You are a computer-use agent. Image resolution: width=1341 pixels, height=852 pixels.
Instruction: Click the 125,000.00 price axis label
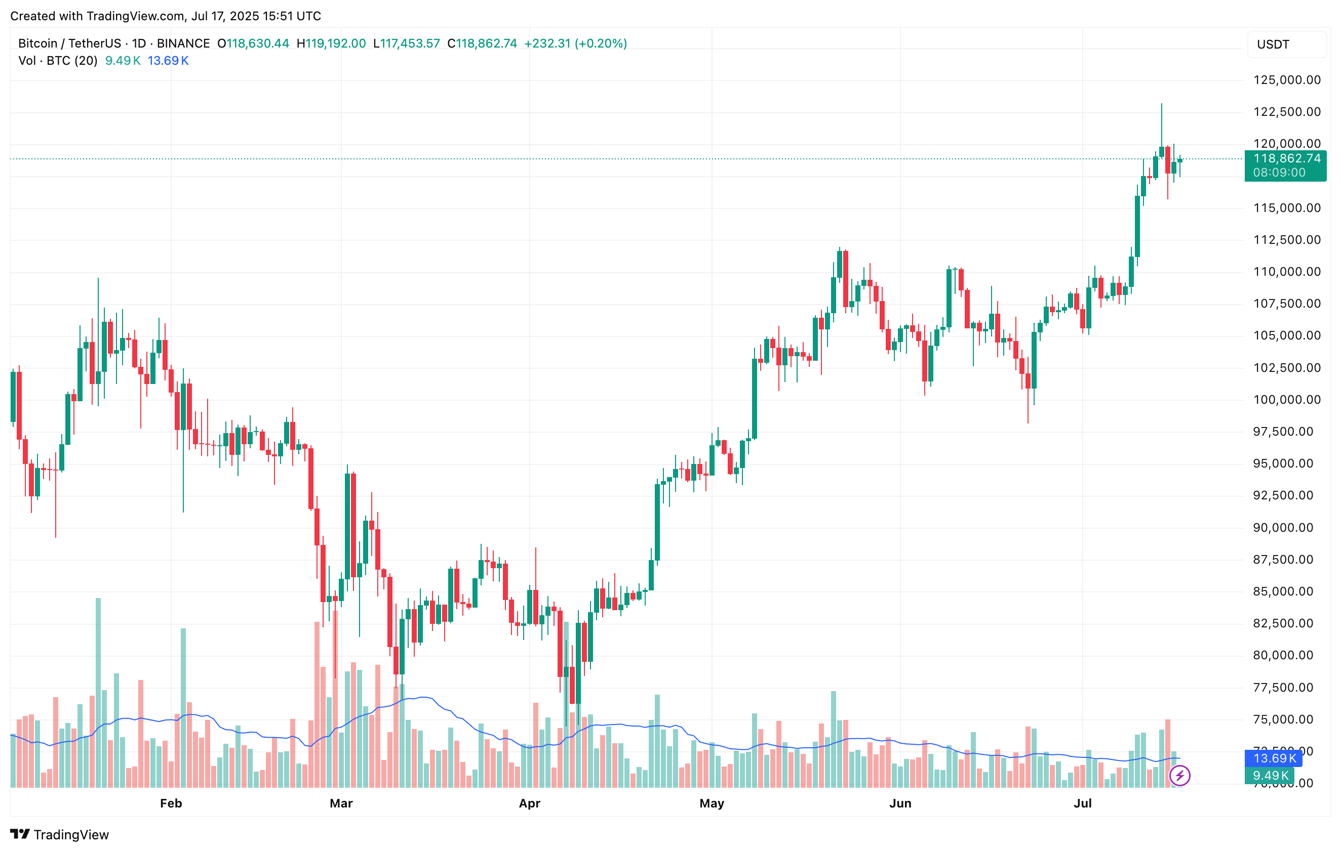click(x=1286, y=80)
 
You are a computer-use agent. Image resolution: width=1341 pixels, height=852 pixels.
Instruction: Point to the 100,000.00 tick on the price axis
click(x=1286, y=400)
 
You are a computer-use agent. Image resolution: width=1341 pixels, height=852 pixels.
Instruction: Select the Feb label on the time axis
click(x=171, y=803)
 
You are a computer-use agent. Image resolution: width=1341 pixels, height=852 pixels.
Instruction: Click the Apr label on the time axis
click(x=529, y=803)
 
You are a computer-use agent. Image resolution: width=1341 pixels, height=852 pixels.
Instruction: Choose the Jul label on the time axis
click(x=1083, y=803)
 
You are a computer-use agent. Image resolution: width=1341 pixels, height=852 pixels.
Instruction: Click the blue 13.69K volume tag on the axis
click(x=1274, y=758)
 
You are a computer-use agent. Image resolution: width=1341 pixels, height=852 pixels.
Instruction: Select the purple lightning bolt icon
click(x=1179, y=775)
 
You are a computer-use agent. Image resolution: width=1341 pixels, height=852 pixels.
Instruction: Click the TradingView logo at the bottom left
click(x=60, y=834)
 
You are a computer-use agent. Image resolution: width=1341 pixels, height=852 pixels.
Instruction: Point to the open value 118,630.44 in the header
click(x=258, y=44)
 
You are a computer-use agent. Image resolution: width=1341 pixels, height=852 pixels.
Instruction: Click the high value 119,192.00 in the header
click(x=335, y=44)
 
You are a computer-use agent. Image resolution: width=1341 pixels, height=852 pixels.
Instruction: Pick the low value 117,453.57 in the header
click(x=410, y=44)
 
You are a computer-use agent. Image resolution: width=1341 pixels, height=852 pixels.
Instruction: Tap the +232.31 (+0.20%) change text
click(x=575, y=44)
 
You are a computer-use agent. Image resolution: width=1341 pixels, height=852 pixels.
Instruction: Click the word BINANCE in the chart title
click(x=183, y=44)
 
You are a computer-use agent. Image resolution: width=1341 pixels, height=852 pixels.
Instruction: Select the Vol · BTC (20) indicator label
click(x=58, y=61)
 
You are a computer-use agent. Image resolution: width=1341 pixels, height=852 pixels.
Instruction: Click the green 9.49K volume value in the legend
click(x=123, y=61)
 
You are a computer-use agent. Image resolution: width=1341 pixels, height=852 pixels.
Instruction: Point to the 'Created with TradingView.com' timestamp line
click(x=166, y=16)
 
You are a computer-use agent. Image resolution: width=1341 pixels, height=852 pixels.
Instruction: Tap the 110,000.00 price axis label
click(x=1286, y=272)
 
